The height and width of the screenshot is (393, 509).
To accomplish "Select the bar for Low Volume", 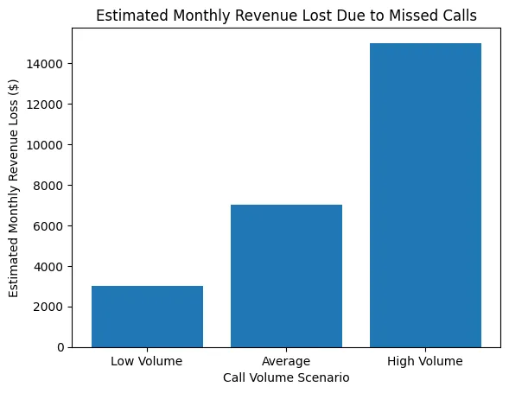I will [147, 316].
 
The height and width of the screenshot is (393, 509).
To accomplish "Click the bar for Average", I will [286, 276].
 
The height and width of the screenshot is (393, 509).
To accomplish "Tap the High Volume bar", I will [425, 195].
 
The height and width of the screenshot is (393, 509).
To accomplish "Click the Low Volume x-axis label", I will [147, 361].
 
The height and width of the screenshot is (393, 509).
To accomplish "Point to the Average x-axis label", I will [286, 361].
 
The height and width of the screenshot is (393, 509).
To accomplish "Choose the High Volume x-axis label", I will [425, 361].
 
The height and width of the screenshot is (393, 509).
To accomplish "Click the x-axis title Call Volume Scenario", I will [286, 377].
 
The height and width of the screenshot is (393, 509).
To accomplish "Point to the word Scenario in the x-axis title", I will [325, 377].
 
